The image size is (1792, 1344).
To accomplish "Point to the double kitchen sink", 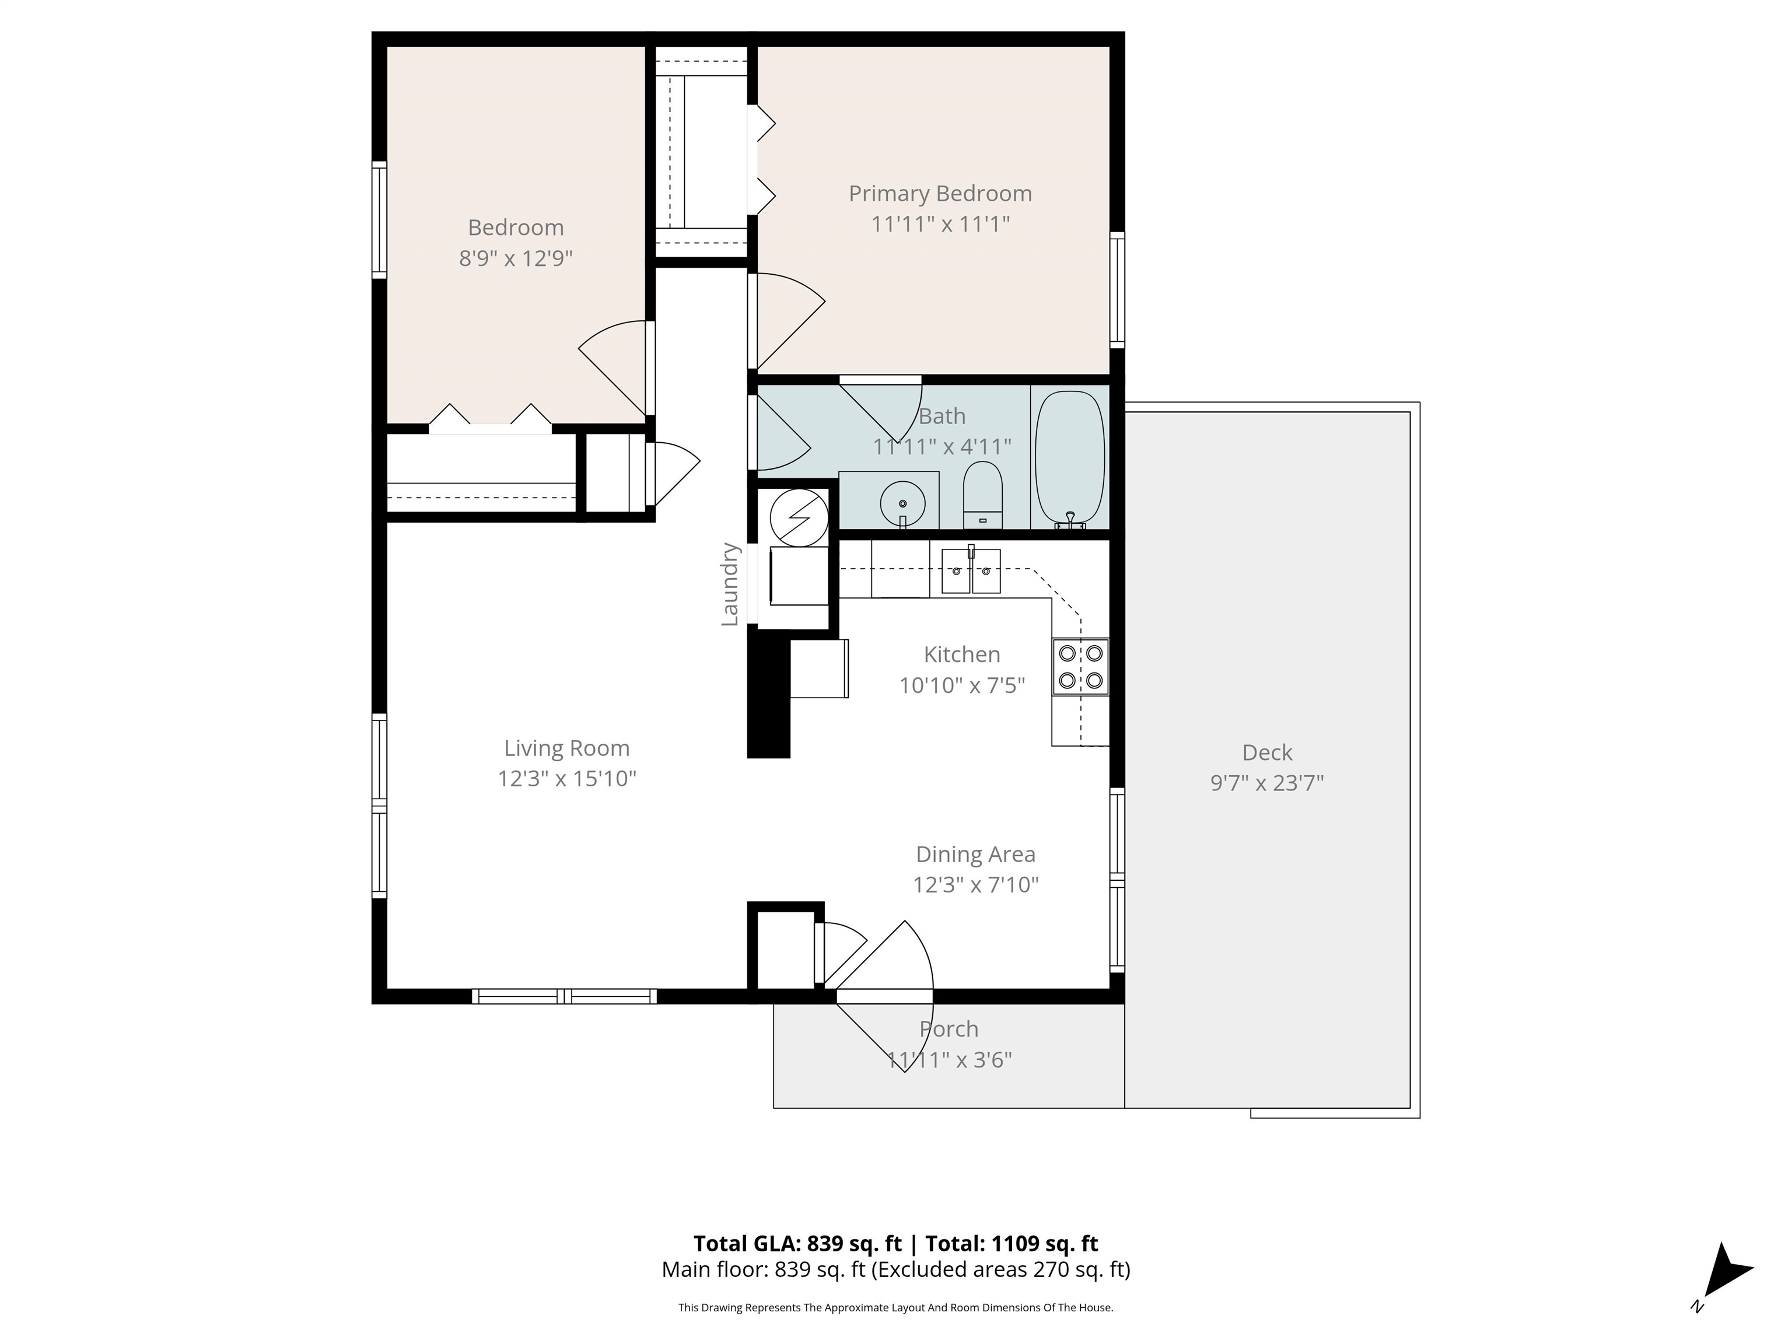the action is [971, 570].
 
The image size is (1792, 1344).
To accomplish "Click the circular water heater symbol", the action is [799, 517].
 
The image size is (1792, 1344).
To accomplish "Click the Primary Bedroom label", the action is [940, 194].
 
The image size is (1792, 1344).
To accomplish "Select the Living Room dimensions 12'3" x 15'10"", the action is [566, 779].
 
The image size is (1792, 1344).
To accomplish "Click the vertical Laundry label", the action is [730, 584].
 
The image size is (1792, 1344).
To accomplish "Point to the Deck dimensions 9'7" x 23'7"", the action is [1267, 783].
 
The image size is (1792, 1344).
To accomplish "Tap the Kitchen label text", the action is [961, 654].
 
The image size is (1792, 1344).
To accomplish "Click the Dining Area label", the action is [975, 854].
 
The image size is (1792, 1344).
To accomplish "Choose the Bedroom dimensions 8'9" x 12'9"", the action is [516, 258].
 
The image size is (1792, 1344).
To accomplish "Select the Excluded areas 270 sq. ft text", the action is [1000, 1269].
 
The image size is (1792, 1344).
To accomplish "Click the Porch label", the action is [949, 1029].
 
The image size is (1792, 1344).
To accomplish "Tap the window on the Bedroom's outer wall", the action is [379, 219].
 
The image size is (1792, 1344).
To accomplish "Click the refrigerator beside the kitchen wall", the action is [819, 668].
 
